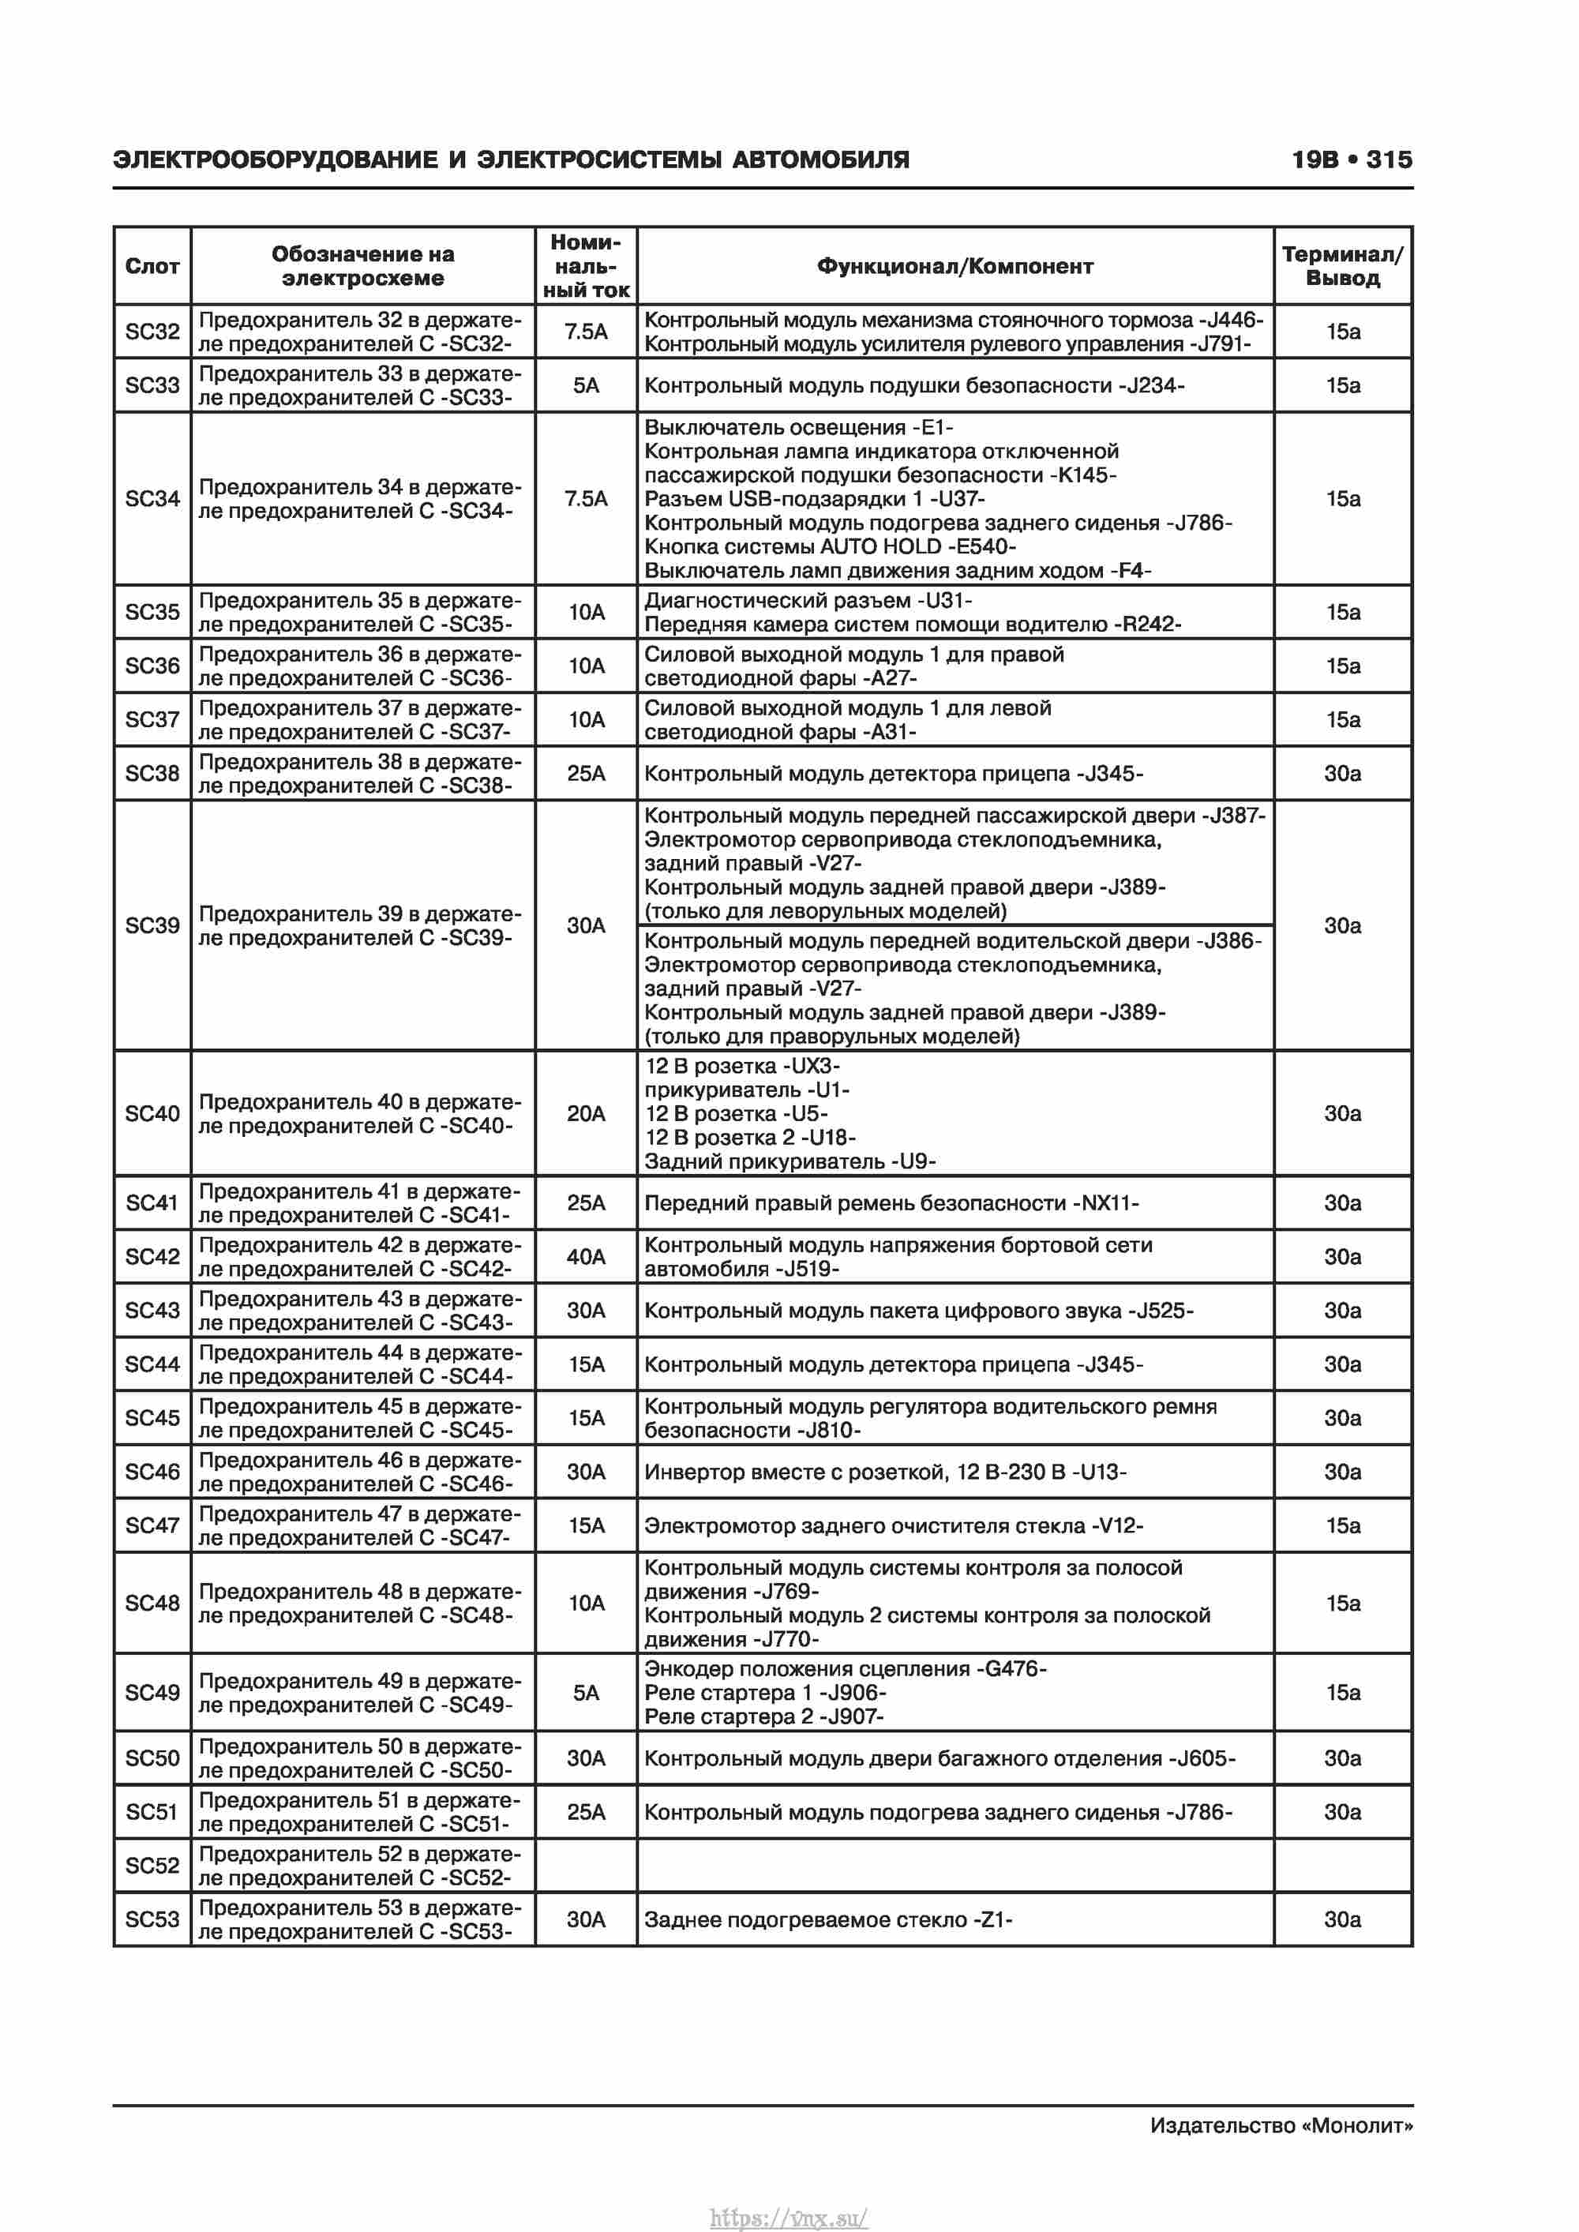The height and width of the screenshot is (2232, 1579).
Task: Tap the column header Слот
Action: pyautogui.click(x=152, y=266)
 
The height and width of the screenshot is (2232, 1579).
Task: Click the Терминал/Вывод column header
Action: pyautogui.click(x=1342, y=266)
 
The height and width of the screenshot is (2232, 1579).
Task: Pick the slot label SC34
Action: pyautogui.click(x=152, y=499)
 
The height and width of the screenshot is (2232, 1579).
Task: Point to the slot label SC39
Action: pyautogui.click(x=152, y=925)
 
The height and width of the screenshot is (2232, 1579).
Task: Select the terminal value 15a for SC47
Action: pyautogui.click(x=1342, y=1525)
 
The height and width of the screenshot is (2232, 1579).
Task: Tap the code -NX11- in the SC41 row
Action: pyautogui.click(x=1105, y=1203)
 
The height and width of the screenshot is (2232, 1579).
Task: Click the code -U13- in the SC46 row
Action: pyautogui.click(x=1100, y=1472)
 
